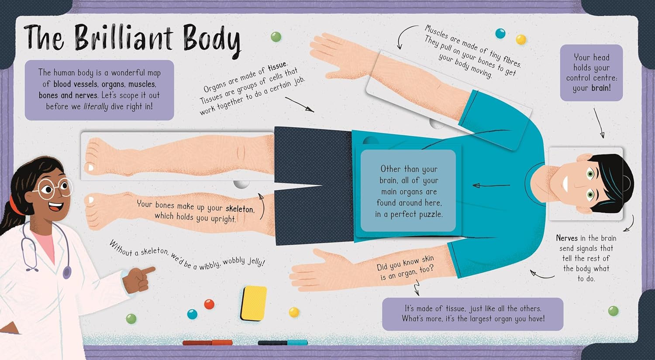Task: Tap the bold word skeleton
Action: [240, 209]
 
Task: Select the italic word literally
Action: [96, 106]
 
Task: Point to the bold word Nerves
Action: [567, 238]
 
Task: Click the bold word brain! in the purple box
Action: [601, 88]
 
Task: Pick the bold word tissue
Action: [278, 67]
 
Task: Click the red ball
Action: [209, 304]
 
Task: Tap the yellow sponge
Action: [254, 303]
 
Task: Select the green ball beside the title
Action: [276, 37]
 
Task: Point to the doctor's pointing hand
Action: [138, 280]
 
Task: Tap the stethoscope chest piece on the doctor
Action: [67, 272]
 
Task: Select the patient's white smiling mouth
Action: [565, 185]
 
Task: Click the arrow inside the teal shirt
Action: [491, 185]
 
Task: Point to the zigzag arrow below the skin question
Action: [417, 288]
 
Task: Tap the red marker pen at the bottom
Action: [207, 343]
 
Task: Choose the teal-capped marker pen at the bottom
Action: [283, 343]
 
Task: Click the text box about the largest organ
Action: [473, 314]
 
